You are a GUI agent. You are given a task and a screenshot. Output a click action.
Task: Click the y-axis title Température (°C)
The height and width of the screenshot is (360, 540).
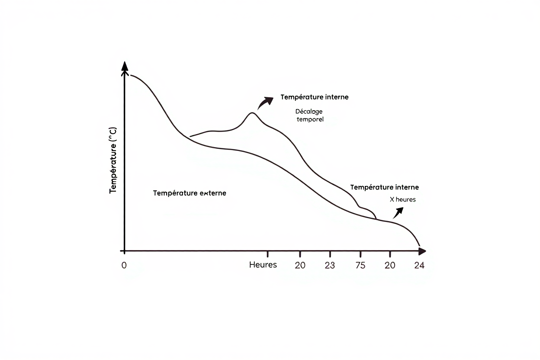[x=113, y=161]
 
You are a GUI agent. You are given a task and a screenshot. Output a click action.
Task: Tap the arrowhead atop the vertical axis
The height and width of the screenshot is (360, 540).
[x=125, y=66]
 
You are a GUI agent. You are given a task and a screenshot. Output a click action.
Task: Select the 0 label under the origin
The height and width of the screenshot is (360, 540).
[x=124, y=265]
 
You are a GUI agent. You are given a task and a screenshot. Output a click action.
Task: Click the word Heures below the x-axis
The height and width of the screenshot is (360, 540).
[x=263, y=265]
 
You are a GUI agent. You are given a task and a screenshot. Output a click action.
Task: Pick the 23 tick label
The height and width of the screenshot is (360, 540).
[x=330, y=265]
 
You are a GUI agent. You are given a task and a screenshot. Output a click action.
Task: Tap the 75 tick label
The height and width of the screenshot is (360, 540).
[x=360, y=265]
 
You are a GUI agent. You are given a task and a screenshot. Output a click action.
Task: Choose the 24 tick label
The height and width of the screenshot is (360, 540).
[x=419, y=265]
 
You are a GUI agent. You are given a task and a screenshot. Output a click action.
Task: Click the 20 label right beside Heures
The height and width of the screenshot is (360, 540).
[x=300, y=265]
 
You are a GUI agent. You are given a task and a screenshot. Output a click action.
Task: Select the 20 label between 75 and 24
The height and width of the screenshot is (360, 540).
[x=390, y=265]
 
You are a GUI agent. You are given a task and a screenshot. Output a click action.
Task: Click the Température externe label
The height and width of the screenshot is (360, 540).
[x=190, y=193]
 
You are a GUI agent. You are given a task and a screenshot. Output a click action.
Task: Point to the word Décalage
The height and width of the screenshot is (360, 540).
[x=309, y=111]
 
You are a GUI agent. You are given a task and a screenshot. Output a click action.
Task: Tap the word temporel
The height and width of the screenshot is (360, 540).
[x=310, y=119]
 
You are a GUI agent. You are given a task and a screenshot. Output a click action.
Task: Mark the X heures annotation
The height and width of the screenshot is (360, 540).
[x=402, y=199]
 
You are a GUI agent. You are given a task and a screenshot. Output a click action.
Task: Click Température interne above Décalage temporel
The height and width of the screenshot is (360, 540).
[x=314, y=97]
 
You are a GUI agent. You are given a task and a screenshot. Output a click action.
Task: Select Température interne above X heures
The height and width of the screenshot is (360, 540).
[x=384, y=187]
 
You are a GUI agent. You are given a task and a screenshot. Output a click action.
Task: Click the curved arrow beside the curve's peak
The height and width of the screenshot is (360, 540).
[x=265, y=103]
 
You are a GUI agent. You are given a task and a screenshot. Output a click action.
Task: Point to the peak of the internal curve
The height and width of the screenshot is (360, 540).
[x=252, y=113]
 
